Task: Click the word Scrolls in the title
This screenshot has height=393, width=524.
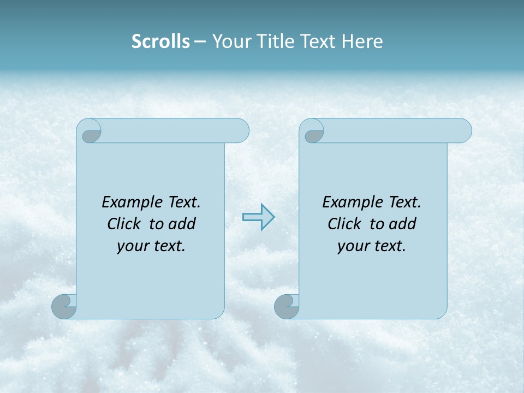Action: (x=160, y=41)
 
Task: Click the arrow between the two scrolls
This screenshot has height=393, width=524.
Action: (x=258, y=217)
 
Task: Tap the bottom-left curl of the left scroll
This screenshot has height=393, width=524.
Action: (x=64, y=306)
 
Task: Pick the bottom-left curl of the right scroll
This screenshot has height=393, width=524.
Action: (x=287, y=306)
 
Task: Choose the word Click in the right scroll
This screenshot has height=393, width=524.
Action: (x=344, y=224)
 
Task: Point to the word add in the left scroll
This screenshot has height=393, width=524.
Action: (x=182, y=224)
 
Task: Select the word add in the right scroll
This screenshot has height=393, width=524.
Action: (x=402, y=224)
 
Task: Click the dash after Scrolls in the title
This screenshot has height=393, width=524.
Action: (x=199, y=42)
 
